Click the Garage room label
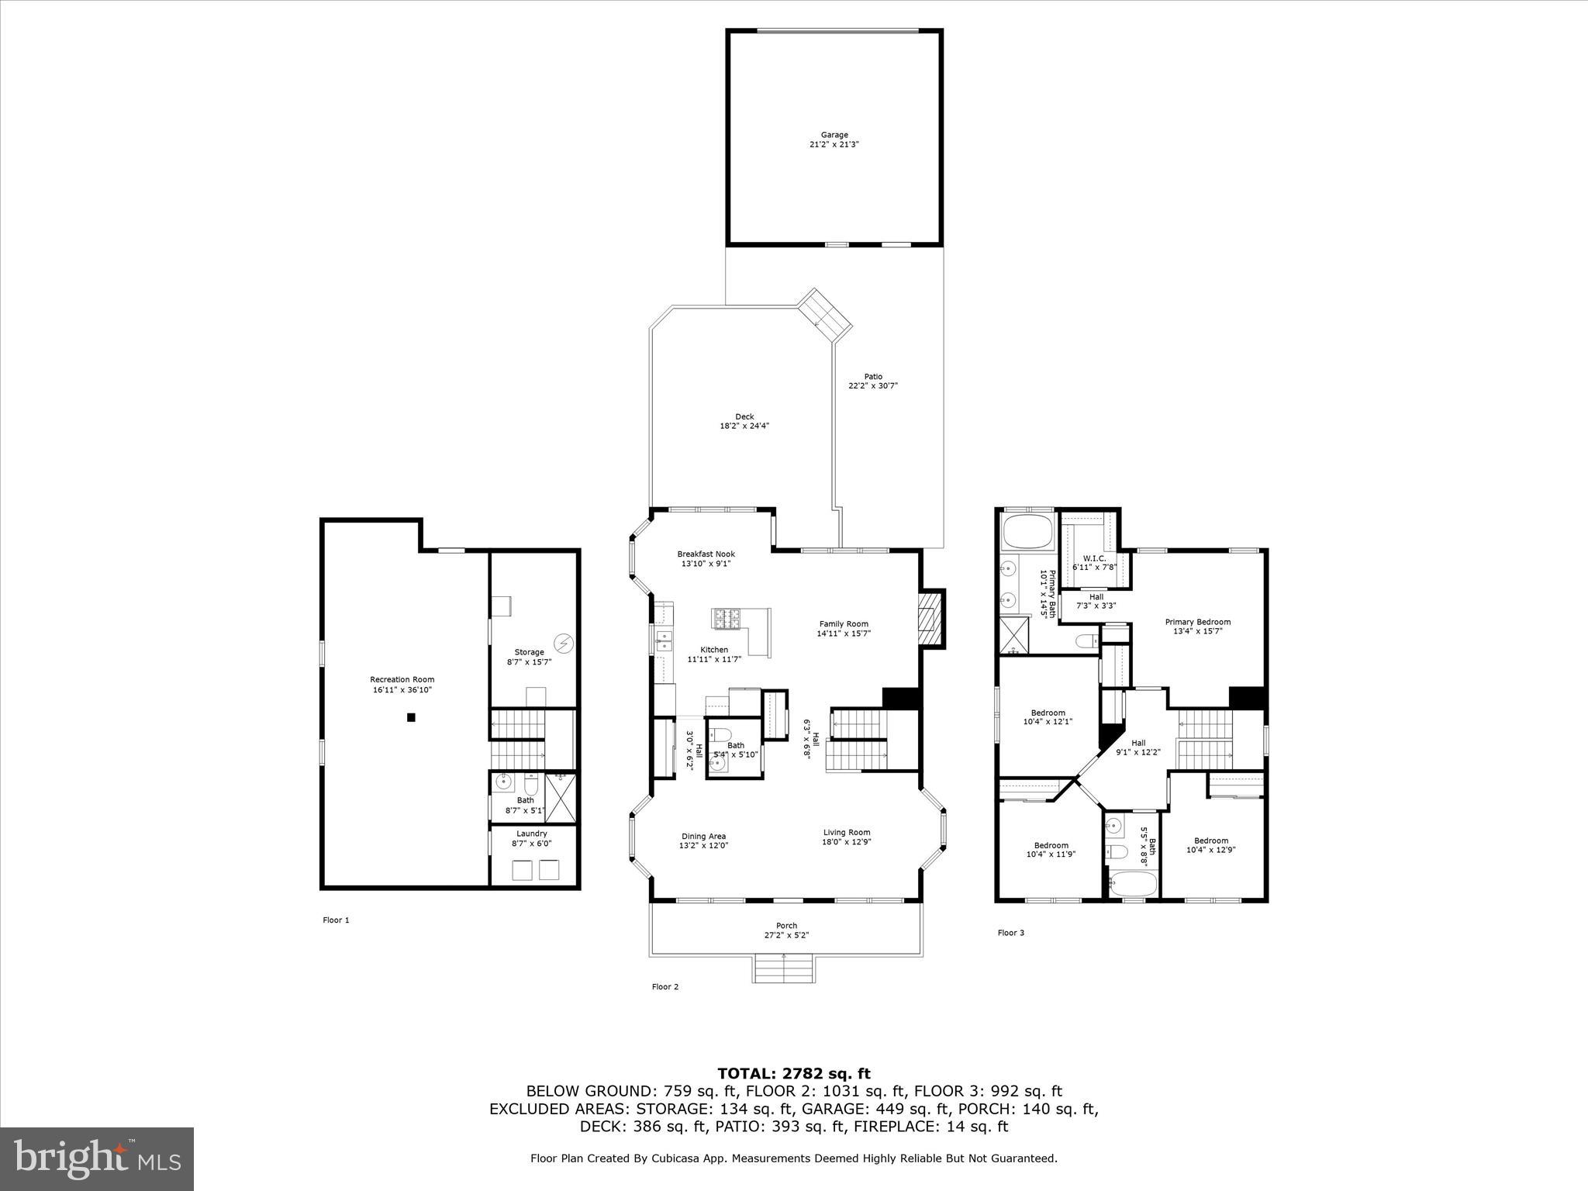click(834, 135)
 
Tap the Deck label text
click(744, 416)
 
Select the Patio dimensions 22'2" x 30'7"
click(873, 385)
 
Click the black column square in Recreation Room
click(412, 717)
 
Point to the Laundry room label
click(531, 834)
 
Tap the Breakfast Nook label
click(706, 554)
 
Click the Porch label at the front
click(786, 925)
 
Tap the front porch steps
click(784, 969)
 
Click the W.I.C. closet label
click(1093, 558)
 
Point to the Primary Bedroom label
click(1197, 622)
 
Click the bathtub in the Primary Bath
click(1027, 533)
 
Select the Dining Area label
click(703, 836)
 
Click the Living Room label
click(847, 832)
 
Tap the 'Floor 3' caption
click(1010, 933)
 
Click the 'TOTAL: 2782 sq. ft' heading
click(793, 1073)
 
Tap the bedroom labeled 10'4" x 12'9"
click(1210, 845)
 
